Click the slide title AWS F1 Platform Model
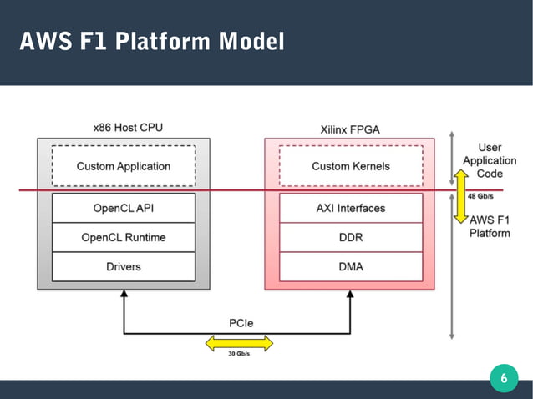[151, 40]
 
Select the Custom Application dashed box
[124, 166]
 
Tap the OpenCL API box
[124, 208]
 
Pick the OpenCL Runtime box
[124, 237]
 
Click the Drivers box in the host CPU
[124, 266]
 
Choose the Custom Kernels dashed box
[351, 166]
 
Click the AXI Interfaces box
[351, 208]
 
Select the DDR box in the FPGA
[351, 237]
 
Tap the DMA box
[351, 266]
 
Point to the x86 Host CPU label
[128, 128]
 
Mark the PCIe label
[242, 323]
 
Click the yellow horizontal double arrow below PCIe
[240, 342]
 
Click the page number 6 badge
[503, 378]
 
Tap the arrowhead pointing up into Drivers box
[124, 295]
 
